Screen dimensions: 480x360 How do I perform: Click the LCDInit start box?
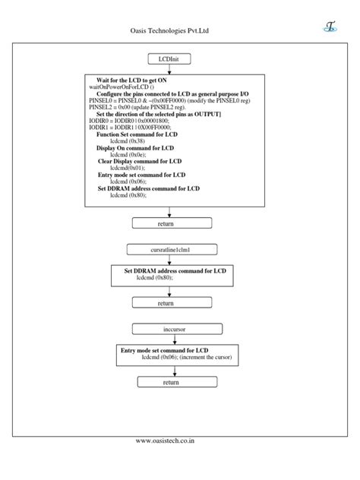(x=175, y=58)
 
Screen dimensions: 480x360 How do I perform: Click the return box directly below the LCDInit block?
(x=166, y=223)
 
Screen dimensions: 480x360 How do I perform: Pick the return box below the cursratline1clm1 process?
(x=166, y=303)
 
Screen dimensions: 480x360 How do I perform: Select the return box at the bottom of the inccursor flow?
(x=171, y=383)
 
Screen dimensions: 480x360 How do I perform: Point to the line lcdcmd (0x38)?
(x=127, y=141)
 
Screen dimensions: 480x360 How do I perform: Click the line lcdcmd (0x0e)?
(x=127, y=154)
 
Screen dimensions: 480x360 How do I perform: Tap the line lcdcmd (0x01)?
(x=127, y=168)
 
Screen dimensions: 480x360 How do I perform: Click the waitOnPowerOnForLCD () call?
(x=120, y=87)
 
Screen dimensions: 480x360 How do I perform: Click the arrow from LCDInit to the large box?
(x=175, y=68)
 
